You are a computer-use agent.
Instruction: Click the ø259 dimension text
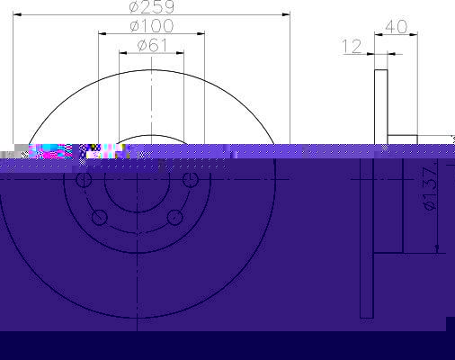point(152,7)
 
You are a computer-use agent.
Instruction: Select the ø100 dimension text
point(152,26)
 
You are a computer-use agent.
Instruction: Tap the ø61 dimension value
point(152,46)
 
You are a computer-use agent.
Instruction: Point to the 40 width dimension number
point(397,27)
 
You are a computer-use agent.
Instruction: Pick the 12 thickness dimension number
point(352,47)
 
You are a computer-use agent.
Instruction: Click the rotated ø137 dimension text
point(430,189)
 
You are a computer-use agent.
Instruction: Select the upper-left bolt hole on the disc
point(84,180)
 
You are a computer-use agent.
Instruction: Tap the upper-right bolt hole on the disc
point(191,180)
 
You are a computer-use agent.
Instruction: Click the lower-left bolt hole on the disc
point(100,218)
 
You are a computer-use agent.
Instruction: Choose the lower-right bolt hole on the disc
point(174,218)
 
